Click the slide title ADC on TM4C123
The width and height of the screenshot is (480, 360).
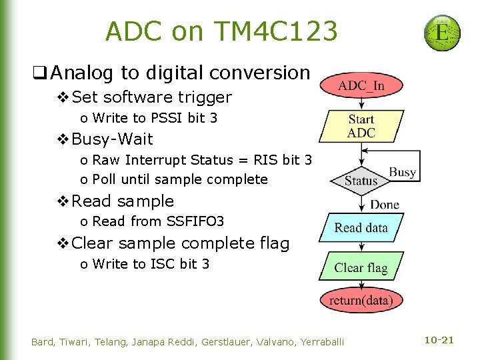[x=221, y=31]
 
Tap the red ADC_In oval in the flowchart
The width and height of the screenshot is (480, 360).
[x=361, y=86]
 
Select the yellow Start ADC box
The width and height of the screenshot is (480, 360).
[x=361, y=126]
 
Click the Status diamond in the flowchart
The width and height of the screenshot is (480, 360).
[x=361, y=181]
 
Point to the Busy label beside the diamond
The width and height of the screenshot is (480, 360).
[x=402, y=173]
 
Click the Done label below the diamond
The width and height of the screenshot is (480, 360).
[x=385, y=204]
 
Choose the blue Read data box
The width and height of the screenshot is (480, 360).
[x=361, y=228]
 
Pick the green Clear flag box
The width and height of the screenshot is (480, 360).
[x=361, y=268]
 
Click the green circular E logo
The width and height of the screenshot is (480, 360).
[x=442, y=33]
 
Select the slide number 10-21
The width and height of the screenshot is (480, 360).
[x=439, y=341]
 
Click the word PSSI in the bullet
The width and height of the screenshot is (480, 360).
[x=166, y=118]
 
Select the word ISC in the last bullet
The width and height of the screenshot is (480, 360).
[x=162, y=263]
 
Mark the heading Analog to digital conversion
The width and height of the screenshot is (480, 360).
[x=180, y=72]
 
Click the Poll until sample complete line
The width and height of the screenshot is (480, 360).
[x=179, y=179]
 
